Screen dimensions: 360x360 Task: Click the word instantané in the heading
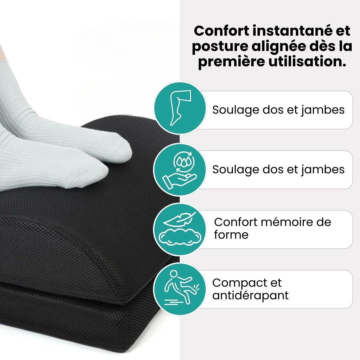click(x=291, y=31)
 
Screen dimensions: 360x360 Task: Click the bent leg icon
click(x=180, y=108)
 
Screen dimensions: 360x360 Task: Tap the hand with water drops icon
click(x=180, y=169)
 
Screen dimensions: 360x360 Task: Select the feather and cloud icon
click(x=180, y=230)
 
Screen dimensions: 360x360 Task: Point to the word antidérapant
click(x=250, y=295)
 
